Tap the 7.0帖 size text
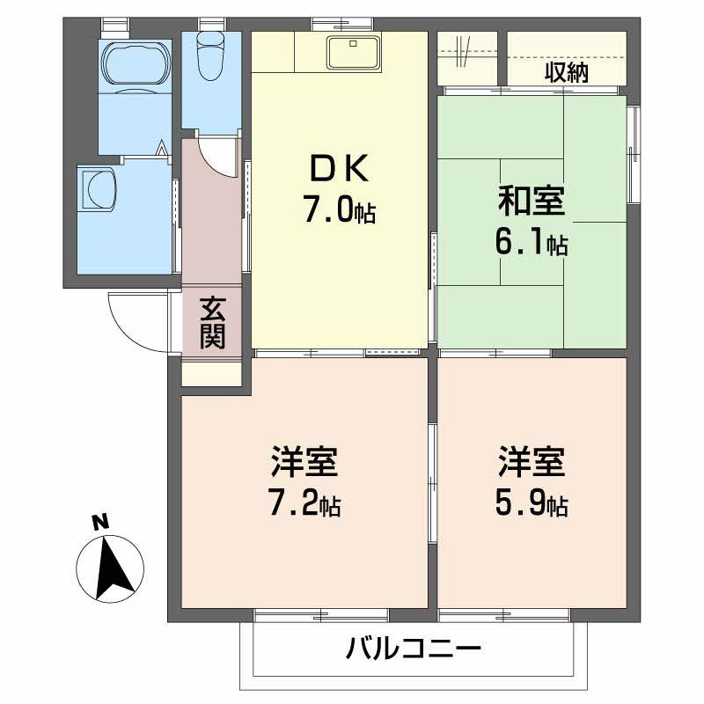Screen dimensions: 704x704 click(339, 210)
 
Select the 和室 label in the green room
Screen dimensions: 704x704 click(532, 202)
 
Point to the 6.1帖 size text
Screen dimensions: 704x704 click(532, 244)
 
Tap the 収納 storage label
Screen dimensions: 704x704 click(565, 73)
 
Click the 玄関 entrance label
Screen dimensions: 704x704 click(211, 322)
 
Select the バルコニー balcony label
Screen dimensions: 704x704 click(414, 651)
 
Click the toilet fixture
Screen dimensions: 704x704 click(212, 56)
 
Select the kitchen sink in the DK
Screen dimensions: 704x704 click(354, 52)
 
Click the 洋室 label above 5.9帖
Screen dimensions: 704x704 click(532, 461)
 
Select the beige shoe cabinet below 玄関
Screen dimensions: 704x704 click(211, 372)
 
